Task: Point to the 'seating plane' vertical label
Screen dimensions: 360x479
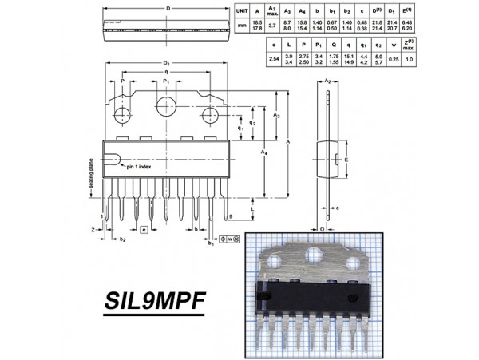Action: (92, 175)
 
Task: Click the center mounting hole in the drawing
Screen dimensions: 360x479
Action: (166, 107)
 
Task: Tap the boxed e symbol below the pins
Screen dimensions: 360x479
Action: (144, 230)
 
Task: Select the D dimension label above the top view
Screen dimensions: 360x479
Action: (168, 8)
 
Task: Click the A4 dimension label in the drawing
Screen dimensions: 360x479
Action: (264, 152)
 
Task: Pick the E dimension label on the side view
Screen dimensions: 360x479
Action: (346, 159)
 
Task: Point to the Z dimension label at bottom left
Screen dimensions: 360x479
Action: (93, 229)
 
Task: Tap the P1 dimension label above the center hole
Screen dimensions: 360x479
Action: (166, 81)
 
